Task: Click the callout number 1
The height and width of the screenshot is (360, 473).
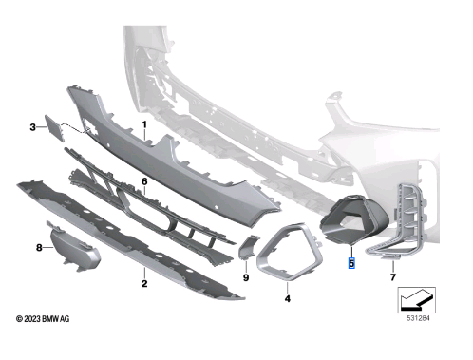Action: [144, 125]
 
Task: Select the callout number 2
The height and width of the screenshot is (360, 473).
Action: [143, 282]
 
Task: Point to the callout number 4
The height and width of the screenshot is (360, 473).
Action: [286, 299]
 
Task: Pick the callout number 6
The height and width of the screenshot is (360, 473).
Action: [144, 180]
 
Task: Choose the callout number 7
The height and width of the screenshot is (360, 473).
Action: [391, 279]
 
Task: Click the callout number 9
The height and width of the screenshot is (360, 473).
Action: [244, 278]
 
